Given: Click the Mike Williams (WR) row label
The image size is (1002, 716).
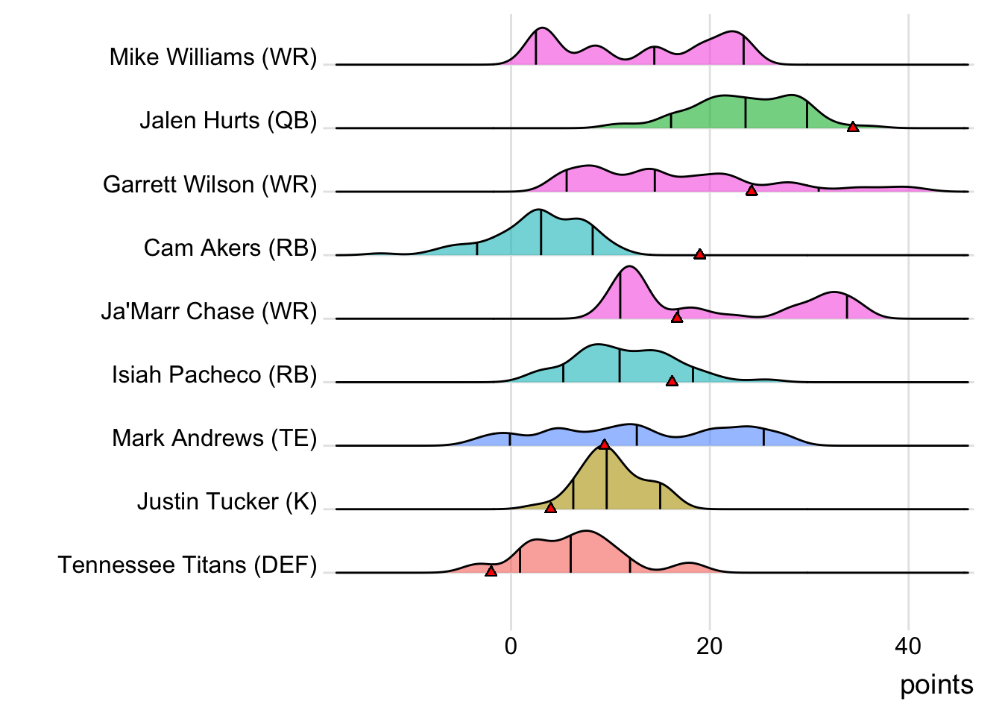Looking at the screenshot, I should (213, 57).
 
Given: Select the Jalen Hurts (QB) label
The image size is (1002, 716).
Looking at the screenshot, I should (228, 121).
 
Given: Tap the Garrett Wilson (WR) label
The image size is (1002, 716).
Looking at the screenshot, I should (210, 184).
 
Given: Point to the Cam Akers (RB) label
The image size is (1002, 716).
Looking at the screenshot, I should (230, 248).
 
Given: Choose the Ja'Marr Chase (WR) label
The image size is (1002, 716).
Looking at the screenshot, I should (209, 311).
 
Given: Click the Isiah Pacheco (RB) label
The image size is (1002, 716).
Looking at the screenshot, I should (214, 374).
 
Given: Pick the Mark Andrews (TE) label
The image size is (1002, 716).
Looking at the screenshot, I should (214, 438).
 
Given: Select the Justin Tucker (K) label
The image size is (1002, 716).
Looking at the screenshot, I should (227, 501).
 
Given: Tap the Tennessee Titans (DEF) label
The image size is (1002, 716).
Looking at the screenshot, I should (187, 565).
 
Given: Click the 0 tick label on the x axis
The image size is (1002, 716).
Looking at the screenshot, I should (511, 646).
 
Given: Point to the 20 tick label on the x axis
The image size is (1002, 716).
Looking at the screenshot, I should (710, 646).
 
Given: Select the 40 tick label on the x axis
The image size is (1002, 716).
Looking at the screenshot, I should (908, 646).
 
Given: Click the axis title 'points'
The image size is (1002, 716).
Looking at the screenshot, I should (936, 685).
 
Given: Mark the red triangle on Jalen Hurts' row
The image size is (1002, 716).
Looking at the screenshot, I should (853, 127).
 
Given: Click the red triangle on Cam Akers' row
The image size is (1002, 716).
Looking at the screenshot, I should (699, 254).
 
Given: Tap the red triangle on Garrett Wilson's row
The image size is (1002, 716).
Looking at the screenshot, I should (751, 191).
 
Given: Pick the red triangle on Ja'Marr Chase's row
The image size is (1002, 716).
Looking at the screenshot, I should (677, 318).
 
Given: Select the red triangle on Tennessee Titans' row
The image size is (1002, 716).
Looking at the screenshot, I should (491, 571).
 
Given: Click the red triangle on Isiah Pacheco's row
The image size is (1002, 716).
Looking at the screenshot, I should (672, 381).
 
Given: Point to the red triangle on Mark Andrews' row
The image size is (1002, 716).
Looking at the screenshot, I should (604, 445).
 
